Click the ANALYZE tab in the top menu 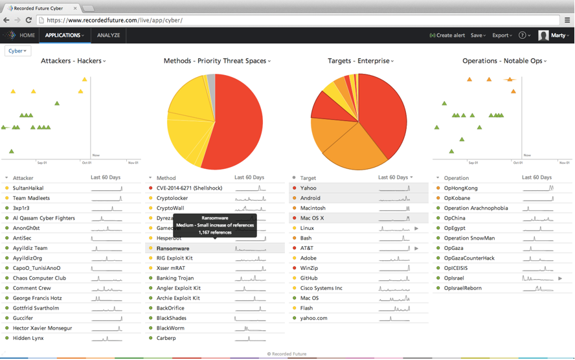[x=108, y=36]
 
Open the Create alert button [x=447, y=36]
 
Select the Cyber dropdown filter [x=17, y=51]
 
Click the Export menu [x=502, y=36]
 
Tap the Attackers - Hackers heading [x=73, y=61]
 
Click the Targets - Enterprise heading [x=360, y=61]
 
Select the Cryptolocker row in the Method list [x=172, y=198]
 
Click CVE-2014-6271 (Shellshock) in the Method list [x=189, y=188]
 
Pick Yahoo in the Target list [x=308, y=188]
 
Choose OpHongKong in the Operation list [x=460, y=188]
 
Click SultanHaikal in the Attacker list [x=28, y=188]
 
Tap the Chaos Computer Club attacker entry [x=39, y=278]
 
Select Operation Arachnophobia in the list [x=476, y=208]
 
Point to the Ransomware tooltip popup [x=215, y=225]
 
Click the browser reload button [x=29, y=20]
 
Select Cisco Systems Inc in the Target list [x=321, y=288]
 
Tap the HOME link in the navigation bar [x=27, y=36]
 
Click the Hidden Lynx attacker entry [x=28, y=338]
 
